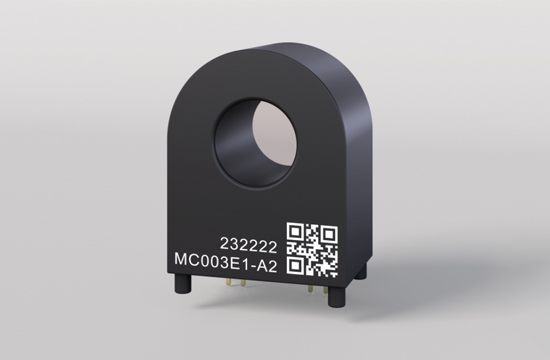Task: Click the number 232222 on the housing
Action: [x=248, y=246]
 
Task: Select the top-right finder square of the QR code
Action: [x=329, y=234]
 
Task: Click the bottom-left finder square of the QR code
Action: [x=296, y=265]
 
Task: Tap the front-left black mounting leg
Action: [x=183, y=283]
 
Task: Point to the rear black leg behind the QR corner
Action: [x=361, y=272]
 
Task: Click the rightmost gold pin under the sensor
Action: [x=326, y=289]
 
